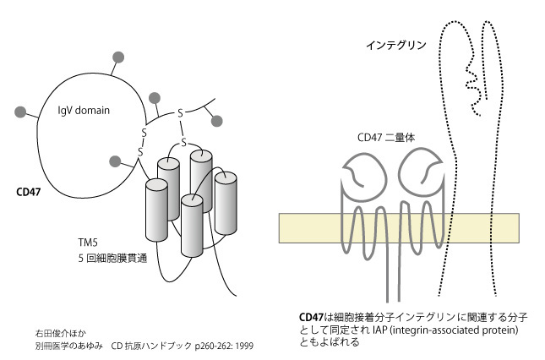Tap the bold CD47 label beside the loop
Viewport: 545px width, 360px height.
(x=29, y=192)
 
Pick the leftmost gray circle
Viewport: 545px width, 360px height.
(x=19, y=111)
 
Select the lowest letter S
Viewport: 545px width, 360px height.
(x=141, y=151)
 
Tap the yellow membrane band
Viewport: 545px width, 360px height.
(x=397, y=227)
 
